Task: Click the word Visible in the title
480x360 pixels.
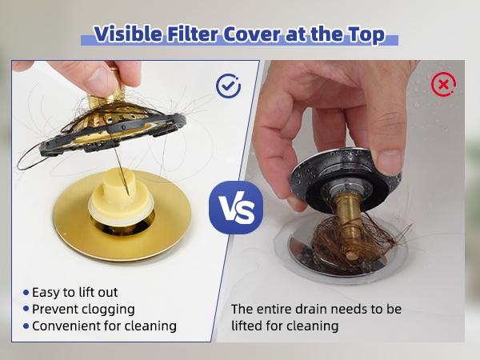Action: [x=130, y=34]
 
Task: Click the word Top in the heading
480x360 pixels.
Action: [x=368, y=34]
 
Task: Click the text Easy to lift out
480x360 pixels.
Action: [x=75, y=292]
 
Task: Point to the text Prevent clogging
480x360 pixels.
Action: [x=83, y=309]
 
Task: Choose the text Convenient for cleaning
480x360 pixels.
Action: [x=104, y=326]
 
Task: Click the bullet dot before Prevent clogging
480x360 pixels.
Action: [x=26, y=309]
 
